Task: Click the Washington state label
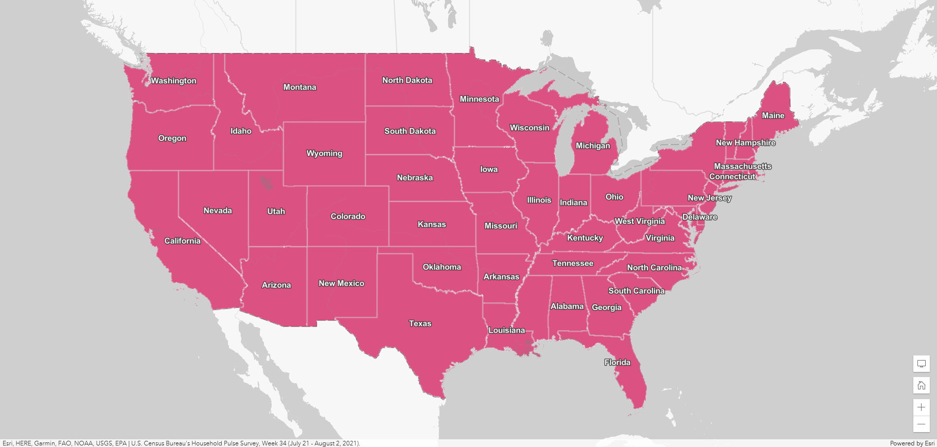coord(173,81)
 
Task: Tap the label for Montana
coord(299,87)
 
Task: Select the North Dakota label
coord(407,80)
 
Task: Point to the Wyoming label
coord(324,153)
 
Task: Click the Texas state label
coord(420,324)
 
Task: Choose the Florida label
coord(617,363)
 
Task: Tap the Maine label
coord(773,116)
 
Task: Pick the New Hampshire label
coord(745,143)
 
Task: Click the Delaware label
coord(699,217)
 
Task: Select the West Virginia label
coord(640,221)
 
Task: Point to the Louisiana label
coord(506,330)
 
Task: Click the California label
coord(182,241)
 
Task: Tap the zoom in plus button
coord(921,407)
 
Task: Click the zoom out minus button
coord(921,424)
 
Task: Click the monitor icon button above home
coord(921,364)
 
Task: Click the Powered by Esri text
coord(912,443)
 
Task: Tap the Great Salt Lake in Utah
coord(266,183)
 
